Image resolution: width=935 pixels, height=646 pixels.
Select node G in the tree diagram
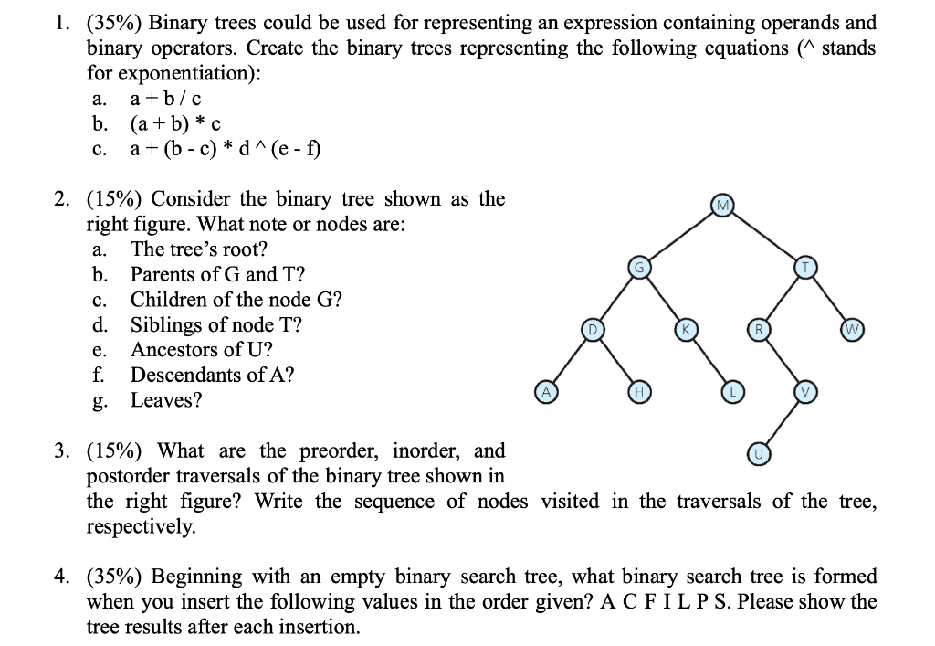click(640, 266)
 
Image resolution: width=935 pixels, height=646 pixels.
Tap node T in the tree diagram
click(804, 266)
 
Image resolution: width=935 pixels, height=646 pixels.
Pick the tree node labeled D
click(591, 328)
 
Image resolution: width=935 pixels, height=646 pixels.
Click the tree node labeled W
click(852, 328)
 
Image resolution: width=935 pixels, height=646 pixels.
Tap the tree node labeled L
click(731, 391)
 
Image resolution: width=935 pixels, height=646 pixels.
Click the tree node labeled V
click(804, 391)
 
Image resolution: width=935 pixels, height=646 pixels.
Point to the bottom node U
click(757, 453)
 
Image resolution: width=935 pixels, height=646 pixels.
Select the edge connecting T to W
click(828, 297)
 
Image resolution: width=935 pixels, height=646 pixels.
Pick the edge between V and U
click(781, 422)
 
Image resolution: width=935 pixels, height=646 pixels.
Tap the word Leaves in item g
click(166, 400)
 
